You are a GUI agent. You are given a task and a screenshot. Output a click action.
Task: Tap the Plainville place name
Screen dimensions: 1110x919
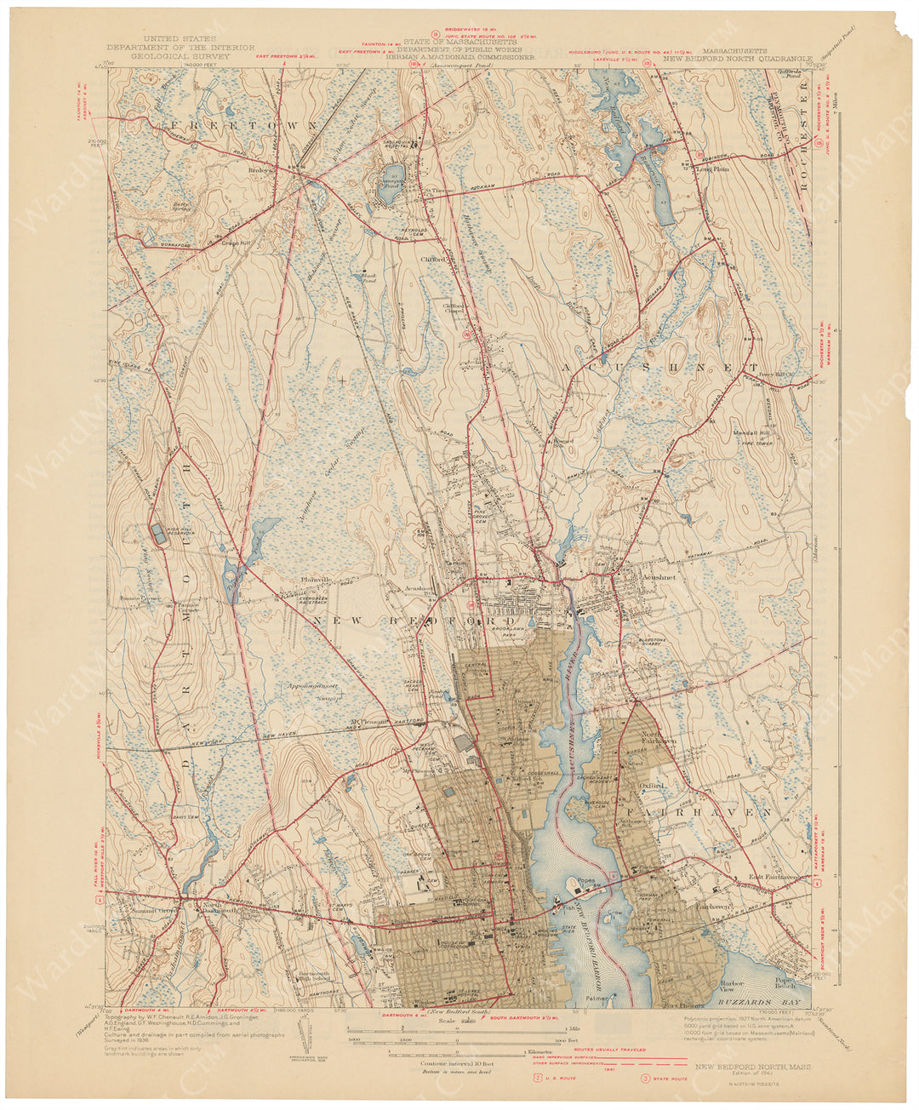(313, 580)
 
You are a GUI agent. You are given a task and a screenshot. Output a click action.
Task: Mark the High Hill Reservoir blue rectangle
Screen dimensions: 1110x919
(159, 532)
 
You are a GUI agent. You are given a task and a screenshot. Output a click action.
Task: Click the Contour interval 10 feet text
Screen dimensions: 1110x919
(457, 1063)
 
